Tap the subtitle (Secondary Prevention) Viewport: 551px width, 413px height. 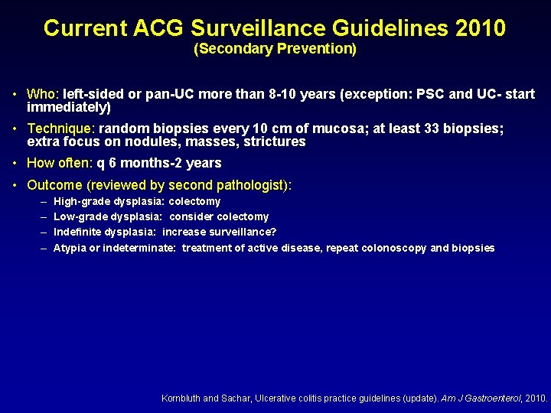[x=275, y=49]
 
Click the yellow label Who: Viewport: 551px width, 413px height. [x=43, y=95]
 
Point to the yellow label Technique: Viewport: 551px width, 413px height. [x=61, y=129]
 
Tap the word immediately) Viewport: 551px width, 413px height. [x=69, y=108]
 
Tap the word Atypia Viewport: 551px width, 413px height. [x=70, y=248]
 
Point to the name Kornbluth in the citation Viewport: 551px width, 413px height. [x=181, y=398]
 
